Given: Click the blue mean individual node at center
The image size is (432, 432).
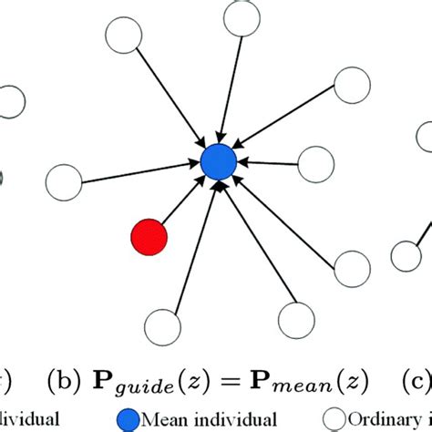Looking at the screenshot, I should [x=218, y=162].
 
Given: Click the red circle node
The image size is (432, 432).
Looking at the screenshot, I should [x=149, y=237].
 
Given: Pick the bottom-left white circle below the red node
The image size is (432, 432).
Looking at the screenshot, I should [x=162, y=324].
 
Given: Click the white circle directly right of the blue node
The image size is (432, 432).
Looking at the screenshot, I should [x=316, y=165].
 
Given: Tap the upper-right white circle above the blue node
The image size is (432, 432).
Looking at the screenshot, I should [x=351, y=84].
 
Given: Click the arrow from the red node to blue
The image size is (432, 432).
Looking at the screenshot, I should [x=181, y=201].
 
